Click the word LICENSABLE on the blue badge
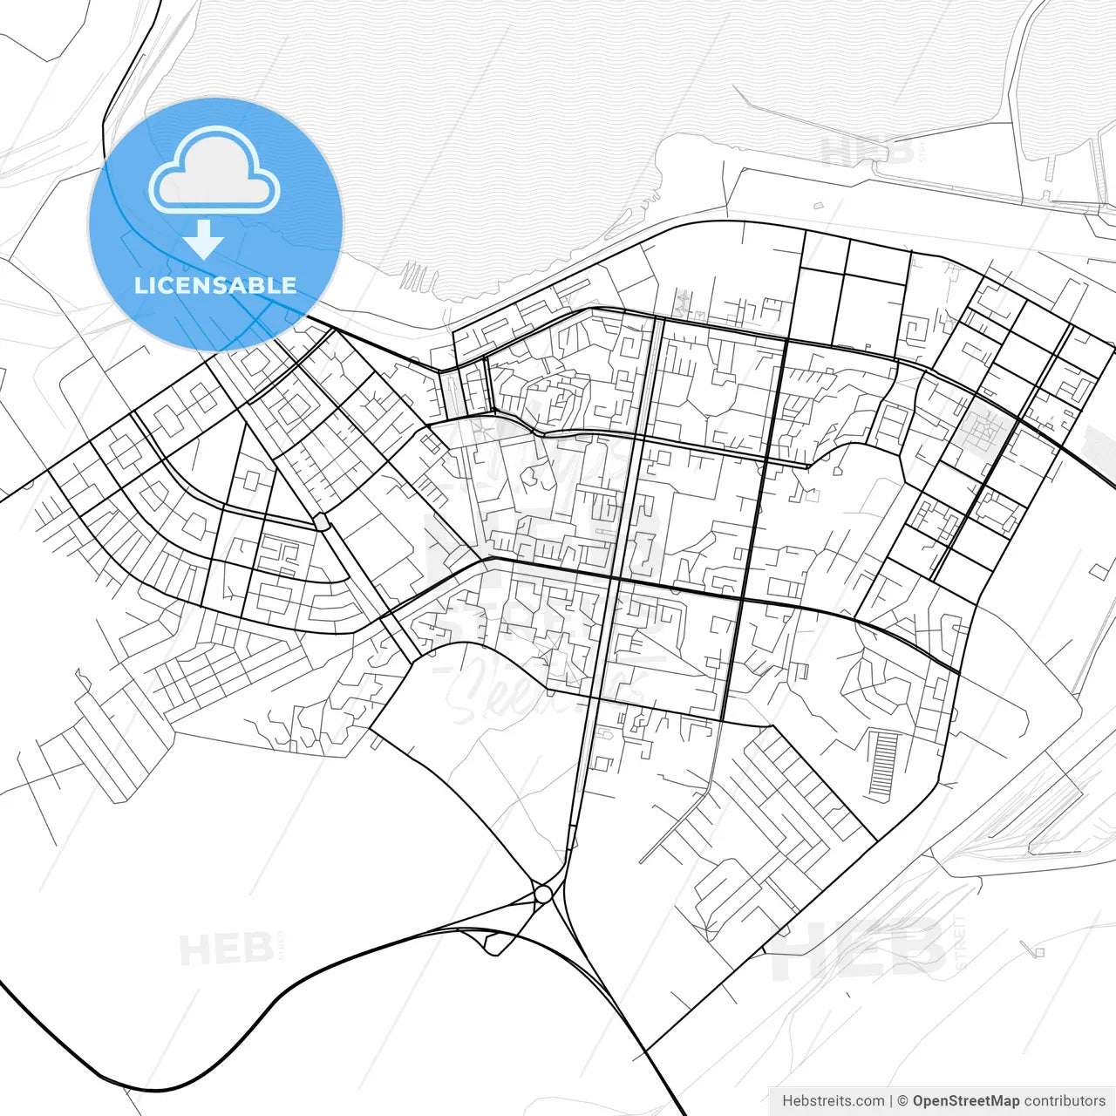click(x=215, y=285)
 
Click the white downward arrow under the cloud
click(x=204, y=239)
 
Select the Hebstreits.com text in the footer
click(x=833, y=1101)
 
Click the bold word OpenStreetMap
click(x=966, y=1101)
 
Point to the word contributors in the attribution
click(x=1065, y=1101)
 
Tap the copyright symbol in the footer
click(x=902, y=1101)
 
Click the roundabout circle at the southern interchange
click(x=543, y=894)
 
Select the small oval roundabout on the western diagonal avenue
click(x=321, y=521)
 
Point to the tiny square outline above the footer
click(x=1038, y=952)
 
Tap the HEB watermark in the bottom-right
click(x=859, y=949)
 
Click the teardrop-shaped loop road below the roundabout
click(x=493, y=942)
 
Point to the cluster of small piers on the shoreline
click(x=418, y=277)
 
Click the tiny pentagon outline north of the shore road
click(x=818, y=206)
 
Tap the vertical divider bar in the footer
click(x=890, y=1101)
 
